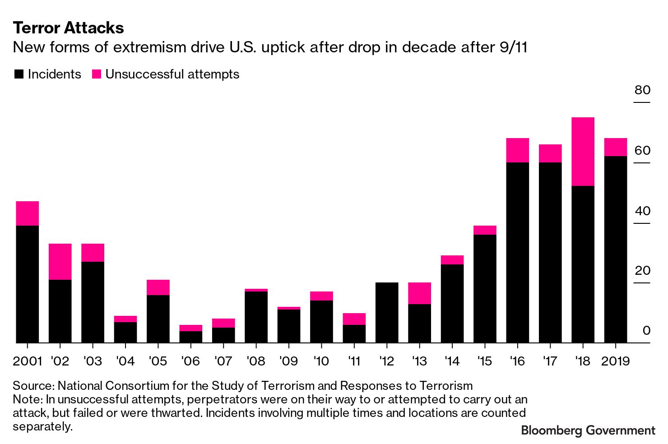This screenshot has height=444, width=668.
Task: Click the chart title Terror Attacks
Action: tap(68, 28)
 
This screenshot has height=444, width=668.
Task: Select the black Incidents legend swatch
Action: tap(19, 74)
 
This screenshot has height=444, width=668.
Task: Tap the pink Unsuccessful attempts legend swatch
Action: tap(96, 74)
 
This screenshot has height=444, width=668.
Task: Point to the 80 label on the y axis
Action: tap(642, 90)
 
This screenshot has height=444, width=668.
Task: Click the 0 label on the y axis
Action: tap(646, 331)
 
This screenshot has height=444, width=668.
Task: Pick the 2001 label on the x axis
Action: tap(27, 361)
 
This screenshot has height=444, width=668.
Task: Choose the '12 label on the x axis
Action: tap(387, 361)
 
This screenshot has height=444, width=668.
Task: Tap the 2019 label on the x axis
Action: tap(616, 361)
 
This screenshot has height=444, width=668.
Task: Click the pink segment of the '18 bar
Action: tap(583, 152)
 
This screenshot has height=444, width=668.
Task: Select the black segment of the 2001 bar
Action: tap(27, 284)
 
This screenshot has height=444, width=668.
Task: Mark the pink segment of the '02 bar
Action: tap(60, 262)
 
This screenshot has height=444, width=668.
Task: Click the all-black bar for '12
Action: tap(387, 313)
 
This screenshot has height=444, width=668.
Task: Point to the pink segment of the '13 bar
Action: tap(419, 293)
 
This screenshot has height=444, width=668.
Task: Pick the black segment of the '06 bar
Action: tap(190, 337)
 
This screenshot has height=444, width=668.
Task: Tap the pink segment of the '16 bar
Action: tap(517, 150)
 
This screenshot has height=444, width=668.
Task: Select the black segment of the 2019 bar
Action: tap(616, 250)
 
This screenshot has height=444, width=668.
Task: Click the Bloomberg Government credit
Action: tap(588, 430)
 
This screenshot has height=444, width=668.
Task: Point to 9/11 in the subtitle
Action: tap(514, 47)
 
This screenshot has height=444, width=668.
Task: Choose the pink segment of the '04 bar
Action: tap(125, 319)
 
